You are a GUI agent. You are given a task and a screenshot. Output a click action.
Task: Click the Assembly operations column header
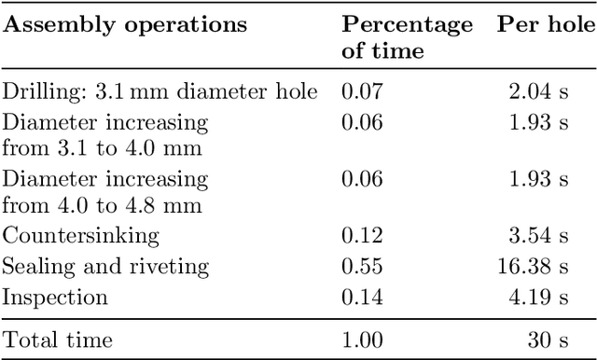[126, 25]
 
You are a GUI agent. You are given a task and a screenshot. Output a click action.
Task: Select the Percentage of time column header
[407, 37]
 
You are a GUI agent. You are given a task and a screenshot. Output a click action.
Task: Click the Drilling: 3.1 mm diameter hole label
[160, 91]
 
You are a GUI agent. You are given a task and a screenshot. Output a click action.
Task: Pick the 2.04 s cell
[547, 91]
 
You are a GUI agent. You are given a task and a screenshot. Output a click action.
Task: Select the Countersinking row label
[81, 235]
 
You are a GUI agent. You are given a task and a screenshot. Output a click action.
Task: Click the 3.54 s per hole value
[547, 235]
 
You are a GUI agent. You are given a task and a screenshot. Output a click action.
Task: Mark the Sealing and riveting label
[105, 267]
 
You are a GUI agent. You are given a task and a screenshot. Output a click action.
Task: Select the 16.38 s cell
[542, 267]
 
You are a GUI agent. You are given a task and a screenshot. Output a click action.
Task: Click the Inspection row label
[55, 298]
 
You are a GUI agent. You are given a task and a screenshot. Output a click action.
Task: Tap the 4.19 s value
[547, 298]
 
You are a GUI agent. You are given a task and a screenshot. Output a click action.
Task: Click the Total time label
[58, 340]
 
